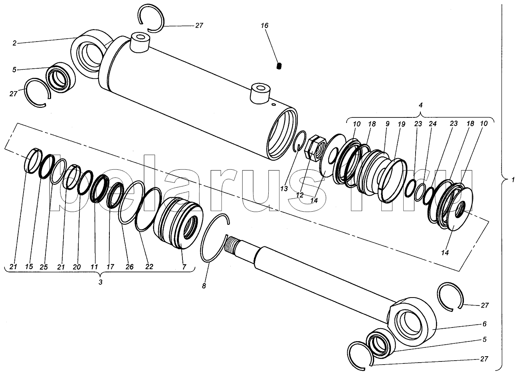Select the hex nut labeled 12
(315, 148)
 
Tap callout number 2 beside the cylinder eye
(14, 43)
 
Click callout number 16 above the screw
(265, 26)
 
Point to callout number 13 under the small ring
(284, 189)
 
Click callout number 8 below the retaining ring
(204, 286)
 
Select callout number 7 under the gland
(184, 267)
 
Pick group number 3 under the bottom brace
(100, 282)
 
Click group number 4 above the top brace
(420, 105)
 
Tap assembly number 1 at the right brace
(513, 180)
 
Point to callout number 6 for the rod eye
(484, 324)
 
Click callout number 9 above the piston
(387, 124)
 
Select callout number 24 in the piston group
(432, 123)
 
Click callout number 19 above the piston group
(401, 124)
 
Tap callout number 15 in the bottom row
(29, 266)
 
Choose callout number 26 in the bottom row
(130, 267)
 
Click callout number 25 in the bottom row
(44, 267)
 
